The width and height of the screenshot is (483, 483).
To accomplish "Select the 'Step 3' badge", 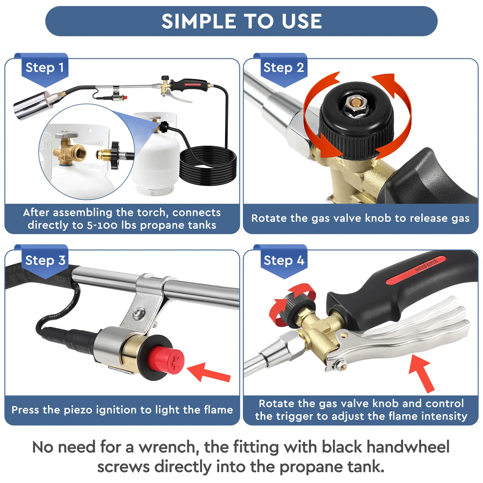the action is pos(45,260).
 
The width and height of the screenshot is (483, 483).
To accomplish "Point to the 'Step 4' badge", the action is pos(283,260).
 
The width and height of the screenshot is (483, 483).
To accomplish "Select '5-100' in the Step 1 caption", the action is pos(103,225).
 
